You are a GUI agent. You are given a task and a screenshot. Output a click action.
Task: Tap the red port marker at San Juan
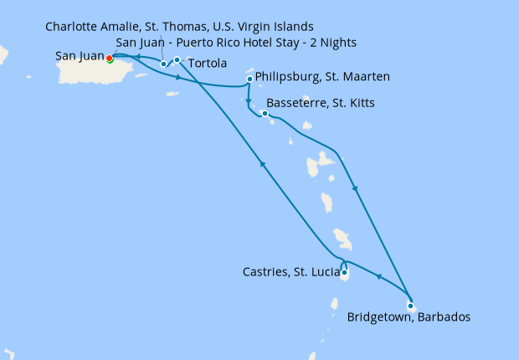pos(110,58)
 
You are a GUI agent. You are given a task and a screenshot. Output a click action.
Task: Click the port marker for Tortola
pos(177,59)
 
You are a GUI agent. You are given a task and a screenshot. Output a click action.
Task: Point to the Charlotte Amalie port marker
pos(163,64)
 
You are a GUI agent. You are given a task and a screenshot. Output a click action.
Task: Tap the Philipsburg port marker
pos(250,80)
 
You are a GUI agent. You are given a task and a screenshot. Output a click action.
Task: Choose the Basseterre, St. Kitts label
pos(326,103)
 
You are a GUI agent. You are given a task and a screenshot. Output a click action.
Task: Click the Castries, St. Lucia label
pos(289,272)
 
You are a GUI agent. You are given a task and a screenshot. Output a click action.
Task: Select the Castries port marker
pos(345,272)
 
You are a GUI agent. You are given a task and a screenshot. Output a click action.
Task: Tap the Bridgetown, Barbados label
pos(409,317)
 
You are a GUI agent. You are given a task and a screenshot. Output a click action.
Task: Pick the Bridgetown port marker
pos(410,305)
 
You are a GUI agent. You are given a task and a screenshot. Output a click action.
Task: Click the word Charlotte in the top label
pos(71,26)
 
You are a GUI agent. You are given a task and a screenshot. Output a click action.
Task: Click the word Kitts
pos(359,103)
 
